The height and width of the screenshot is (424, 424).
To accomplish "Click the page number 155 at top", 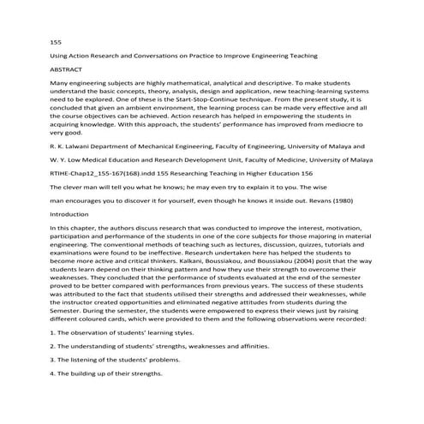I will click(x=57, y=40).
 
